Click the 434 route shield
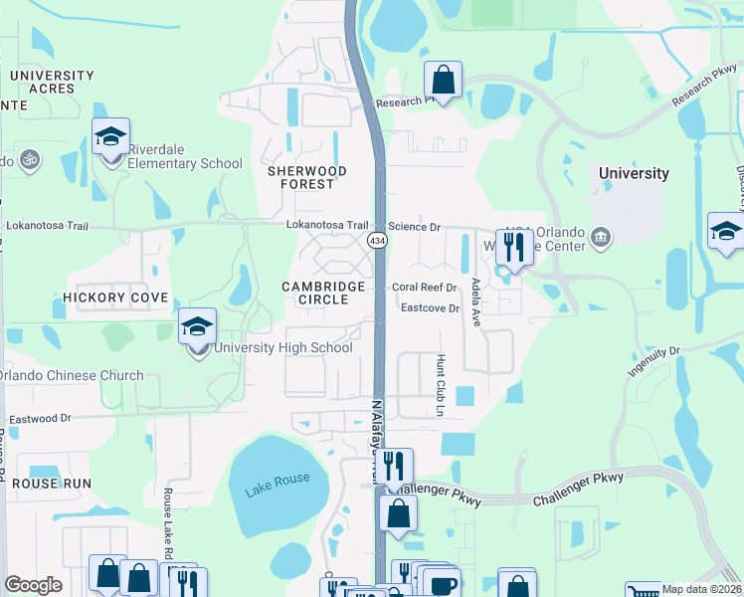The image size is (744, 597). pyautogui.click(x=377, y=242)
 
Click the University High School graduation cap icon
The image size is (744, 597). pyautogui.click(x=198, y=327)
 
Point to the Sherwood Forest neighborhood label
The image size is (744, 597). pyautogui.click(x=307, y=177)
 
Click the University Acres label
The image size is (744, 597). pyautogui.click(x=52, y=82)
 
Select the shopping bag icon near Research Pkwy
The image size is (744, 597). pyautogui.click(x=444, y=79)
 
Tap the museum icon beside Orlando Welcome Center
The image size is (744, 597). pyautogui.click(x=600, y=237)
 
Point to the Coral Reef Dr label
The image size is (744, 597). pyautogui.click(x=423, y=288)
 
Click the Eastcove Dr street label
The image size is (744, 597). pyautogui.click(x=430, y=308)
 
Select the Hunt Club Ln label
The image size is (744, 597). pyautogui.click(x=438, y=384)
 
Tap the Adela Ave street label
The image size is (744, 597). pyautogui.click(x=476, y=296)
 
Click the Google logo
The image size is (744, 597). pyautogui.click(x=33, y=585)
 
